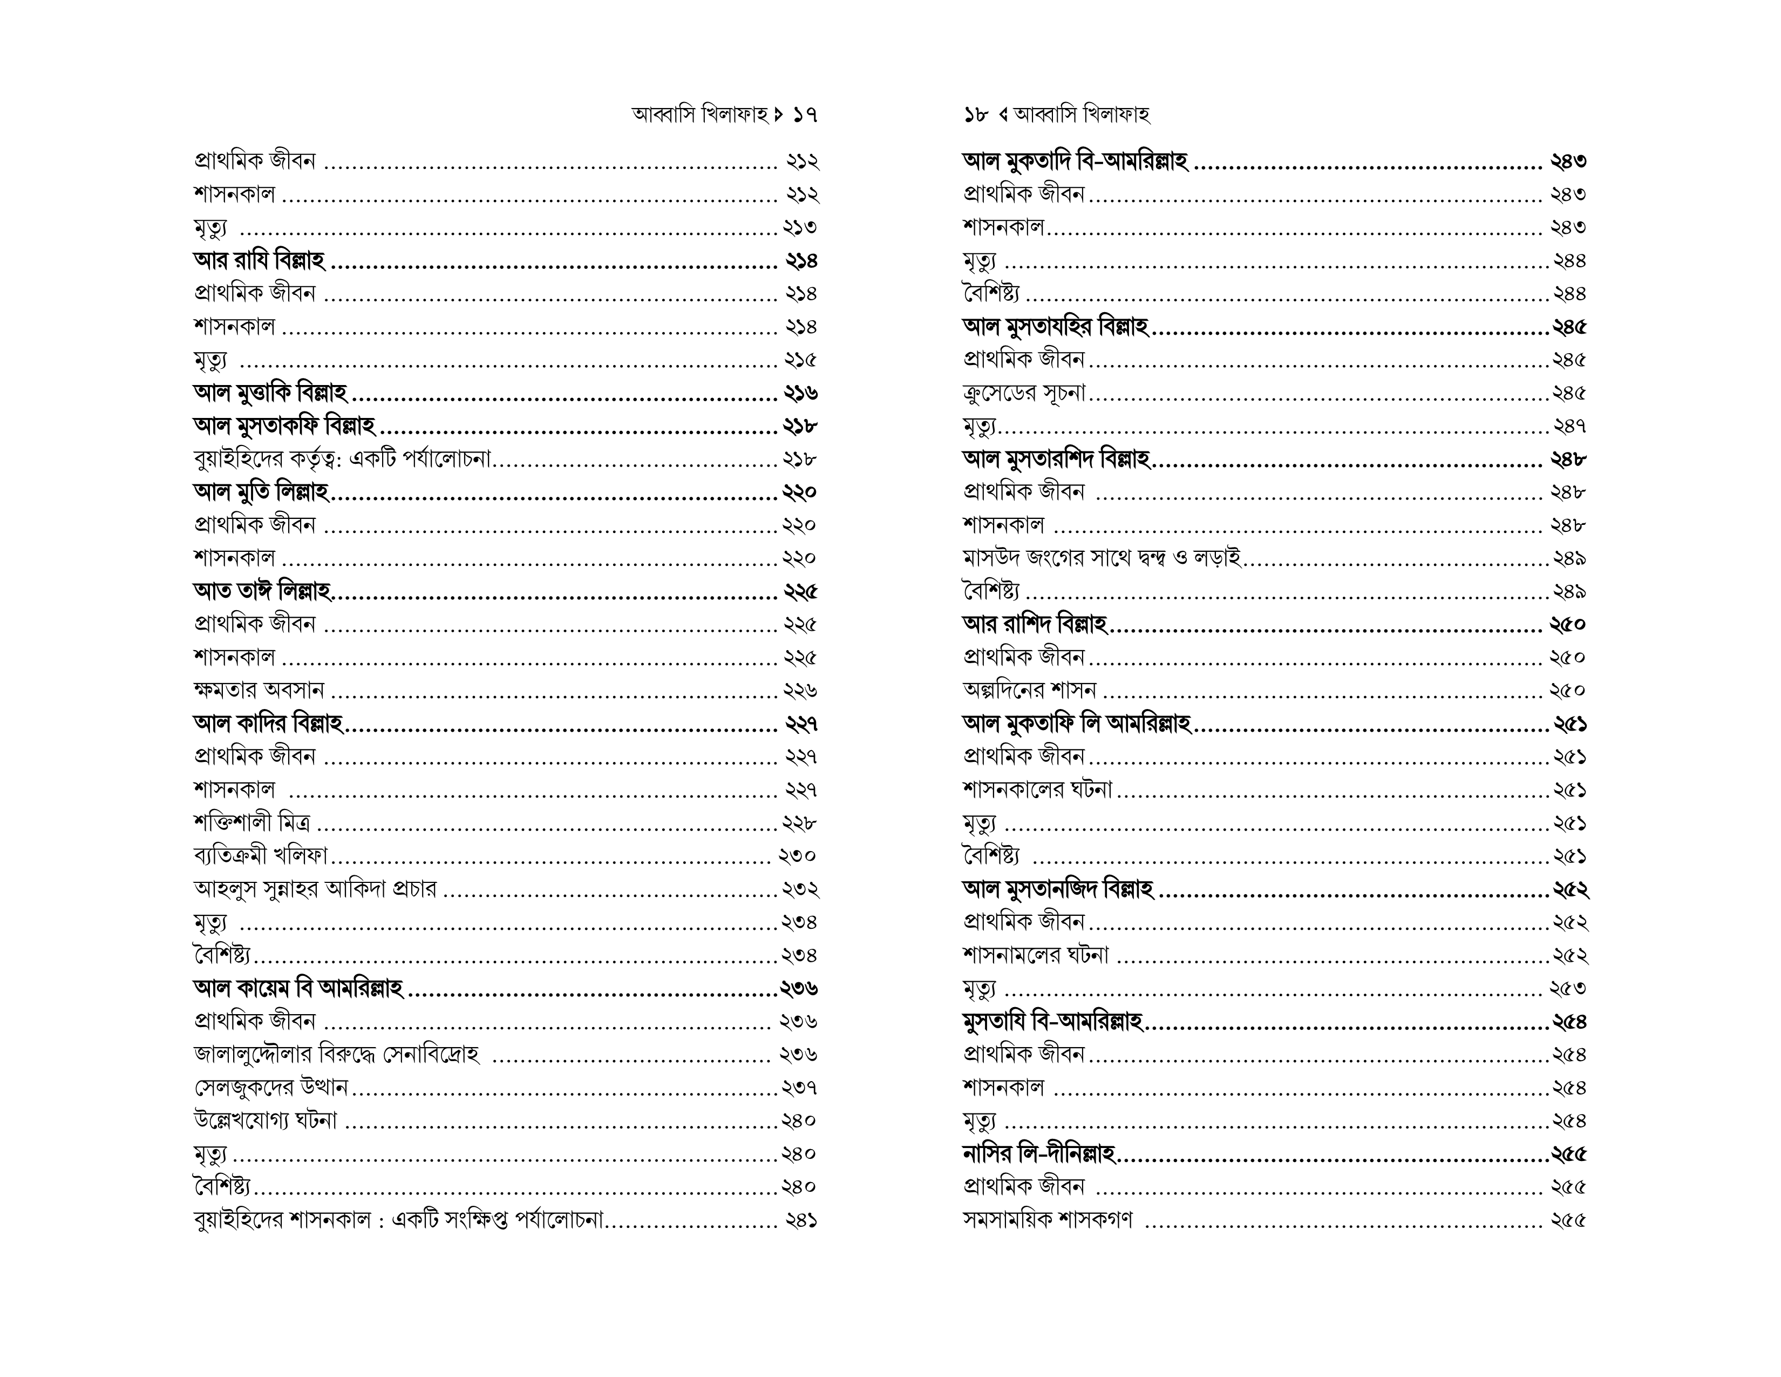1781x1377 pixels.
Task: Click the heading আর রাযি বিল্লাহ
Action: coord(259,261)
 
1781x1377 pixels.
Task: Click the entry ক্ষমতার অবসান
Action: coord(259,690)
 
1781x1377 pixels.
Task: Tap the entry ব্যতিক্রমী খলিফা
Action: coord(261,856)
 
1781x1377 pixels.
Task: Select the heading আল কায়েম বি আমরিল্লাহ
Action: coord(298,988)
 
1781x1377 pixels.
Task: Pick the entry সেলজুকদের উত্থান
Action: coord(271,1088)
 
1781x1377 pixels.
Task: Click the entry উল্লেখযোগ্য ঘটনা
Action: coord(266,1120)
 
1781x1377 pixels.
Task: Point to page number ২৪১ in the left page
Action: coord(801,1220)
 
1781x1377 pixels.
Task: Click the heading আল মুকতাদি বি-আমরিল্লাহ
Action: coord(1075,161)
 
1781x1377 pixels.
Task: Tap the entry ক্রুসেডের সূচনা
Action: coord(1024,393)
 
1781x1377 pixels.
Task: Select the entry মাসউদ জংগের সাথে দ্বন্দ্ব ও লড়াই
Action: coord(1102,558)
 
